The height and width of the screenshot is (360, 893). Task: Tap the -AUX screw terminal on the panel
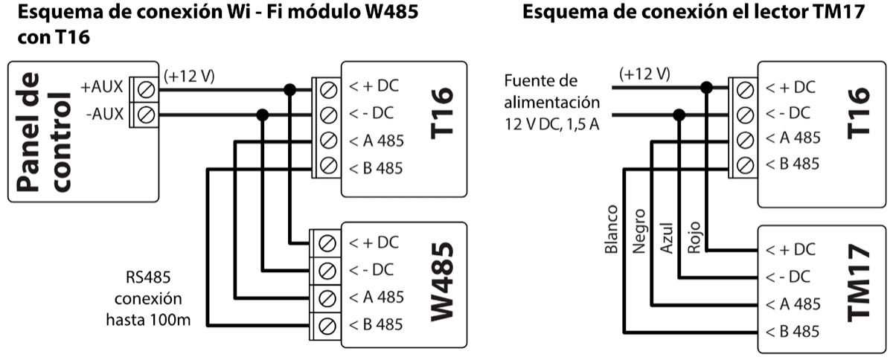(147, 115)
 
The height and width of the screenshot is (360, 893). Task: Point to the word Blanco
(612, 230)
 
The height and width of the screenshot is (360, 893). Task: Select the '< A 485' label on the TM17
(793, 303)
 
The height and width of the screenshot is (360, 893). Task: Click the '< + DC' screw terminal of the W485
(324, 242)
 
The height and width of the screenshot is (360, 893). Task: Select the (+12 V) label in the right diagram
(644, 74)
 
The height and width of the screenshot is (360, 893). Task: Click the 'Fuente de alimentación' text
(551, 91)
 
